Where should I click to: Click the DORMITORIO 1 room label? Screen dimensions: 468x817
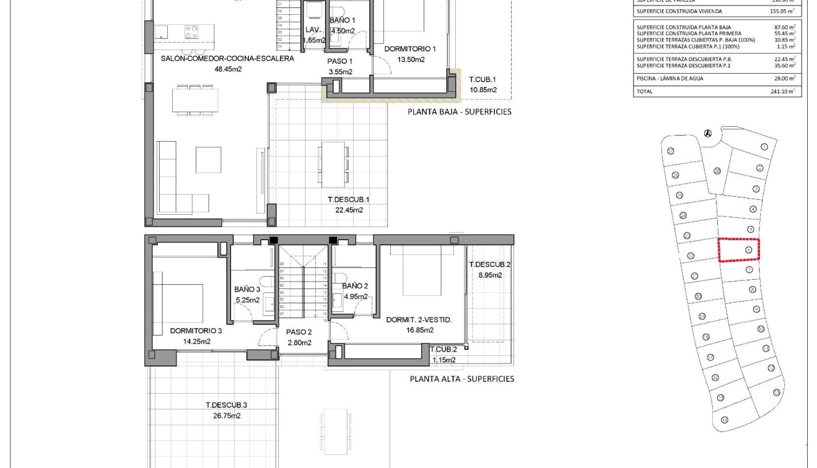410,49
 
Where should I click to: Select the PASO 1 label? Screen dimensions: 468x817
339,61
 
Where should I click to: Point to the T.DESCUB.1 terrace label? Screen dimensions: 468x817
348,199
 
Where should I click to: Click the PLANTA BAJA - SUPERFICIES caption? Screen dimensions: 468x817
459,112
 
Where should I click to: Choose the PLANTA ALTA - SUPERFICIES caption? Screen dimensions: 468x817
461,379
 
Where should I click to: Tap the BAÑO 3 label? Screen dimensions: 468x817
247,289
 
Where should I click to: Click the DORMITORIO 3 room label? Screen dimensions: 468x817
196,331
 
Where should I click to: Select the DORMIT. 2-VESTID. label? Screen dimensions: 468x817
419,320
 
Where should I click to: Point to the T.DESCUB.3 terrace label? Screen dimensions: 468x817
227,405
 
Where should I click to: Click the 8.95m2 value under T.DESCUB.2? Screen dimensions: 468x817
489,275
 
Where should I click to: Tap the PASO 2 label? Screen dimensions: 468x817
299,332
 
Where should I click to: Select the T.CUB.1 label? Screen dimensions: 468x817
483,80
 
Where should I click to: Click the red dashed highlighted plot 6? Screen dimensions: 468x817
738,250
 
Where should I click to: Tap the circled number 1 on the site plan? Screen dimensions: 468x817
764,147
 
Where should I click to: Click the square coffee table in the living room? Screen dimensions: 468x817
208,159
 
